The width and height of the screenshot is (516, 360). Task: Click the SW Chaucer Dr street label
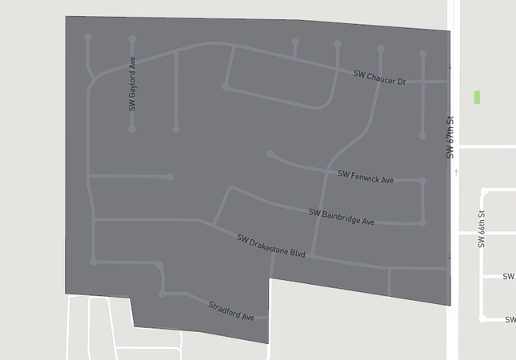tap(380, 78)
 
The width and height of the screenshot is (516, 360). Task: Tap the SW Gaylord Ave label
tap(132, 83)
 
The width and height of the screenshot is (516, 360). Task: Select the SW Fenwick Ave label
tap(365, 177)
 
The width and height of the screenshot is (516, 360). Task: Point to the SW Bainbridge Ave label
tap(341, 216)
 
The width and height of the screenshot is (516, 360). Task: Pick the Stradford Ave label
tap(230, 311)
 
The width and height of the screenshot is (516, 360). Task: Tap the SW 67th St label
tap(450, 137)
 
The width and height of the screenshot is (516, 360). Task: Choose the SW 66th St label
tap(482, 229)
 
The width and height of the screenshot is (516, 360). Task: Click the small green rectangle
tap(477, 97)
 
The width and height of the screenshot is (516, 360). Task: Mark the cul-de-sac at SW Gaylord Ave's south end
tap(132, 129)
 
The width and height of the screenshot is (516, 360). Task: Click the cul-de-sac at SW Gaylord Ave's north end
tap(132, 38)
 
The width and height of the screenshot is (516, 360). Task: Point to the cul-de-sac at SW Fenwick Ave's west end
tap(270, 154)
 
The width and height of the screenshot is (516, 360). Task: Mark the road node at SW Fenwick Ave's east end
tap(422, 181)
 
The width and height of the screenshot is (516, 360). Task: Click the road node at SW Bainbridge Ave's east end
tap(422, 222)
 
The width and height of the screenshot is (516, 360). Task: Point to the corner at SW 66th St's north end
tap(484, 192)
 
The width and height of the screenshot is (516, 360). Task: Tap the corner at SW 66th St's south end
tap(482, 318)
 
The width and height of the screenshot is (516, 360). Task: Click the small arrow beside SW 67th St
tap(457, 172)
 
